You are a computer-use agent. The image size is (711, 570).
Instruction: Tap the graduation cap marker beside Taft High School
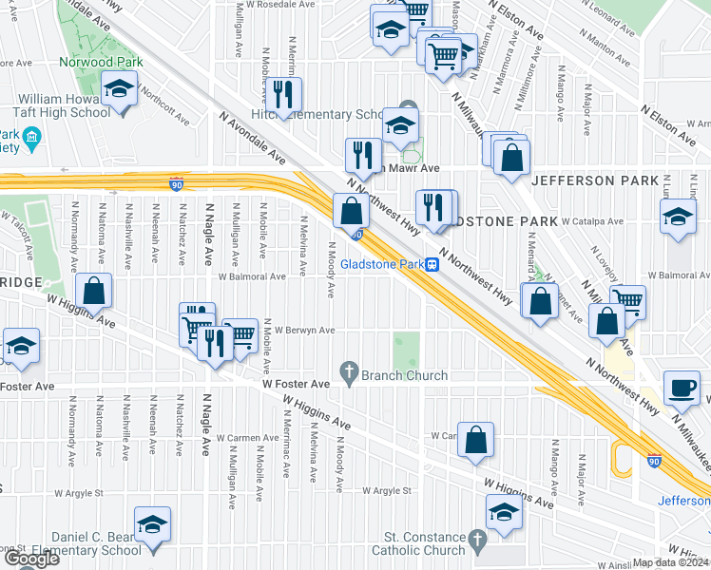pyautogui.click(x=121, y=89)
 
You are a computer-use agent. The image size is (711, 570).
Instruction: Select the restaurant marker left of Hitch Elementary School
pyautogui.click(x=283, y=93)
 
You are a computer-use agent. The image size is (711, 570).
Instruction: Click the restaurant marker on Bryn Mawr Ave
pyautogui.click(x=362, y=154)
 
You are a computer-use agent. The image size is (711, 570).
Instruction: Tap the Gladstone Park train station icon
pyautogui.click(x=431, y=264)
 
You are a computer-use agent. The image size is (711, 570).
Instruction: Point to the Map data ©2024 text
pyautogui.click(x=670, y=562)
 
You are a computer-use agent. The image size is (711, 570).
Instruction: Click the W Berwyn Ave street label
pyautogui.click(x=305, y=331)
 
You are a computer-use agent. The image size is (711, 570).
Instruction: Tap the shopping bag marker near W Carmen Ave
pyautogui.click(x=476, y=438)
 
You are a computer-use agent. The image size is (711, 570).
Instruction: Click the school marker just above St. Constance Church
pyautogui.click(x=504, y=513)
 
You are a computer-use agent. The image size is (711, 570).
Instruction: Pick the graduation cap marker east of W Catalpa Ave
pyautogui.click(x=677, y=215)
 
